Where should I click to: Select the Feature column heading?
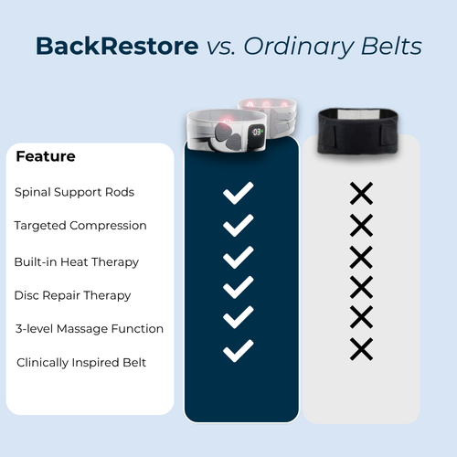point(46,156)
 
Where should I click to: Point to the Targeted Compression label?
point(80,225)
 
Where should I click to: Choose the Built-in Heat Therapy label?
point(77,261)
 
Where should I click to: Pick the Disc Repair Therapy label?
point(72,295)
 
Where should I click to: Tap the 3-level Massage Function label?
point(89,328)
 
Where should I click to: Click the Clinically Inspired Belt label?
point(81,363)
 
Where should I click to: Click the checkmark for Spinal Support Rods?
point(239,193)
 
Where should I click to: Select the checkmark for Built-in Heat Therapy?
point(239,256)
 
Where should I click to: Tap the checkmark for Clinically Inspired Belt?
point(239,349)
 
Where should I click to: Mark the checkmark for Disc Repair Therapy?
point(239,287)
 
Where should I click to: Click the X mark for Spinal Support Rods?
point(361,193)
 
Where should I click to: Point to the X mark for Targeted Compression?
point(361,225)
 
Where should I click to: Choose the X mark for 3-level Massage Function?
point(361,317)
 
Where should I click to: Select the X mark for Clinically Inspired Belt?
point(361,348)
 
